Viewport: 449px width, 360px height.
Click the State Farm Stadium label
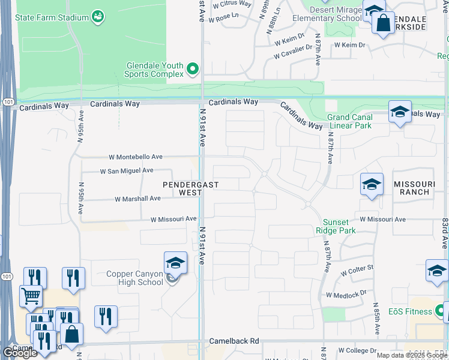pos(53,17)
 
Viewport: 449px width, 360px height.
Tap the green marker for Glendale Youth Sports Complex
pos(193,70)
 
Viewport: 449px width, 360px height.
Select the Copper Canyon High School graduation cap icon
pos(175,263)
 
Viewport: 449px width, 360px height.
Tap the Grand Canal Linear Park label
pos(349,121)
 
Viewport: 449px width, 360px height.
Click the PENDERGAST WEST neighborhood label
pos(190,188)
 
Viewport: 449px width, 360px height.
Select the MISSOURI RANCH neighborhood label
pos(412,188)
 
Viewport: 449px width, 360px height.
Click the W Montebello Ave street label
pos(136,157)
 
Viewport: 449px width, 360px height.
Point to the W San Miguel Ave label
pos(126,170)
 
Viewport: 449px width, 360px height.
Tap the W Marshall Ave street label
pos(137,198)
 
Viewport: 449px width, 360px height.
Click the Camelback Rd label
pos(234,341)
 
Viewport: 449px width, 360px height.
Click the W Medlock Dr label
pos(346,294)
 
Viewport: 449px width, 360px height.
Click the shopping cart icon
pos(31,295)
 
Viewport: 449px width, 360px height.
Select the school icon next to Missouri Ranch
pos(372,184)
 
